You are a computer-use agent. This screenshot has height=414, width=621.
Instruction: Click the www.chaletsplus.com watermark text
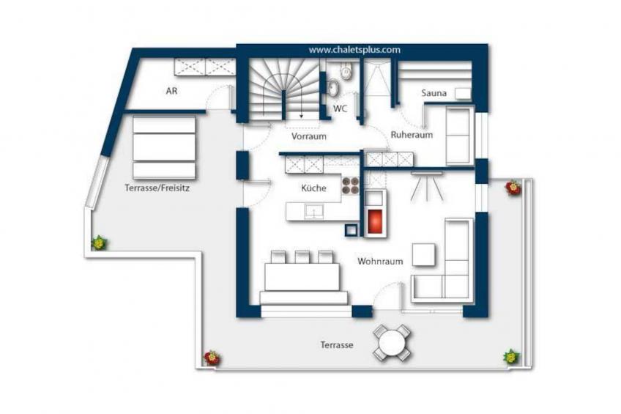pyautogui.click(x=354, y=50)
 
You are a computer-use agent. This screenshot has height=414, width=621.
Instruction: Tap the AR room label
pyautogui.click(x=171, y=92)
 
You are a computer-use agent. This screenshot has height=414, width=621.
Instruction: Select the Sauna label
pyautogui.click(x=434, y=93)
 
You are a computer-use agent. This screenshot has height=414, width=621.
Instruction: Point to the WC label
pyautogui.click(x=340, y=108)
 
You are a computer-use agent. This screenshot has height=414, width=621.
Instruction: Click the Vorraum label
pyautogui.click(x=308, y=136)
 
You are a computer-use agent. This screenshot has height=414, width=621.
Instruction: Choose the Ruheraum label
pyautogui.click(x=412, y=135)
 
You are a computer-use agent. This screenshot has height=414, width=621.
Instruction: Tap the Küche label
pyautogui.click(x=314, y=188)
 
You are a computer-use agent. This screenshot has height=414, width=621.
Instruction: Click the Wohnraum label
pyautogui.click(x=380, y=261)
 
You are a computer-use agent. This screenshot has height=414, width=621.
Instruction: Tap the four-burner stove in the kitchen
pyautogui.click(x=350, y=186)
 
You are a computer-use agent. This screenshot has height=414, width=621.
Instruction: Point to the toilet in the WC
pyautogui.click(x=346, y=73)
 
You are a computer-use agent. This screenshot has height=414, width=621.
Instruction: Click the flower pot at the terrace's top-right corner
pyautogui.click(x=513, y=188)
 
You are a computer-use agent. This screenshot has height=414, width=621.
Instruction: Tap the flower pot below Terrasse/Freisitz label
pyautogui.click(x=98, y=243)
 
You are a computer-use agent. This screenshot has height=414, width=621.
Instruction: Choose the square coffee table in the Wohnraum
pyautogui.click(x=424, y=254)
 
